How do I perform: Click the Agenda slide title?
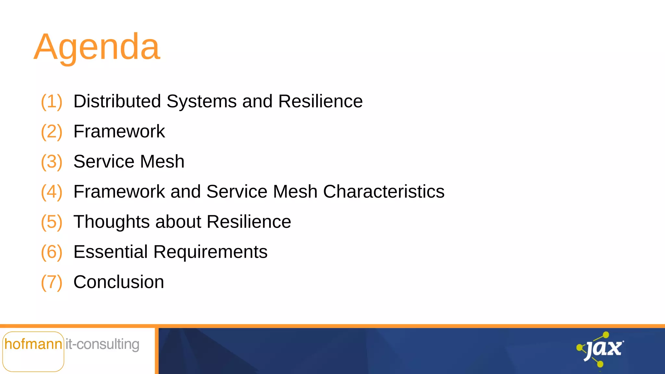coord(97,47)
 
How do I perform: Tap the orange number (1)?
coord(51,101)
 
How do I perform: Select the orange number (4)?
coord(51,192)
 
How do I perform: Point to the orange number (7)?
coord(51,282)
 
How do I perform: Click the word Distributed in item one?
coord(117,101)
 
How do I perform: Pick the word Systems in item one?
coord(201,101)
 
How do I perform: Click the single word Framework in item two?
coord(119,131)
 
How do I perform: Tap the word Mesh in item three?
coord(162,161)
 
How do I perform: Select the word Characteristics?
coord(383,192)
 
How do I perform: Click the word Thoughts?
coord(112,222)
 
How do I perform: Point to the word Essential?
coord(110,252)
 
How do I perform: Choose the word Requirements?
coord(210,252)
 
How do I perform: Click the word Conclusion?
coord(119,282)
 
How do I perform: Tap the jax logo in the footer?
coord(601,349)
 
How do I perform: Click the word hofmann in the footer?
coord(33,344)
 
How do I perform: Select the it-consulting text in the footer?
coord(103,344)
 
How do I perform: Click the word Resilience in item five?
coord(249,222)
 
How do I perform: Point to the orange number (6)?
coord(51,252)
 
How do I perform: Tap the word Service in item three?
coord(104,161)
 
